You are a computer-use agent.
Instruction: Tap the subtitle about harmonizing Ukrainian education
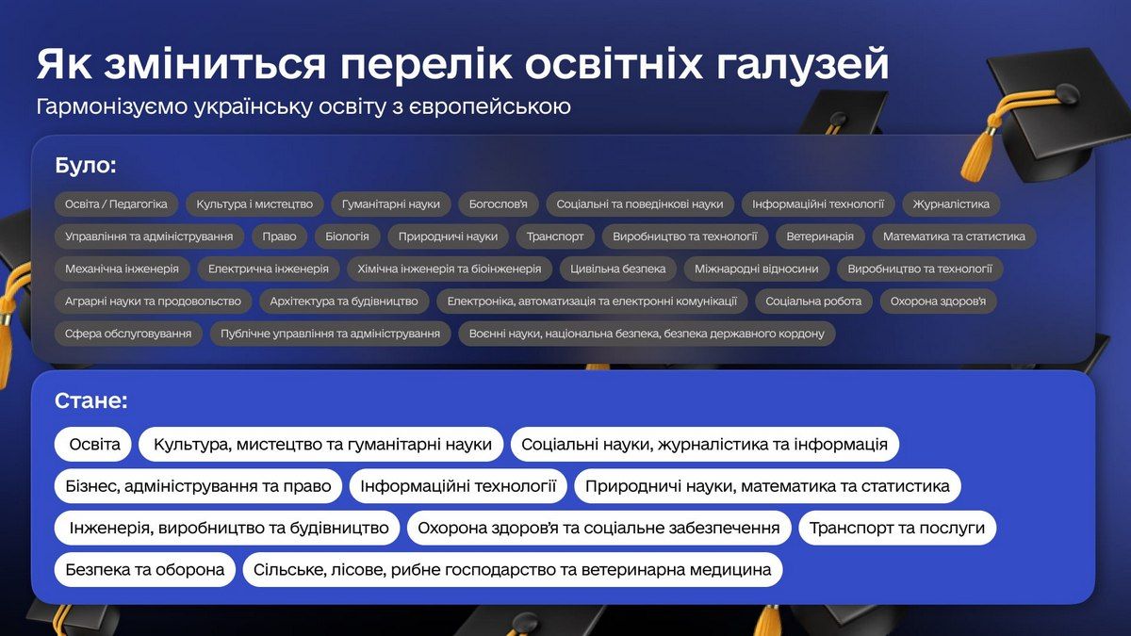(303, 106)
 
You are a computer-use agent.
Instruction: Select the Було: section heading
(86, 166)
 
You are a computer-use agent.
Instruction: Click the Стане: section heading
(90, 400)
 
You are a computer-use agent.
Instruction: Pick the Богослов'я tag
(499, 204)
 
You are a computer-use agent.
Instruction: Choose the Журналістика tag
(951, 204)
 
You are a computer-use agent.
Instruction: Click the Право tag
(279, 236)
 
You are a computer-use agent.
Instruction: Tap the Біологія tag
(341, 236)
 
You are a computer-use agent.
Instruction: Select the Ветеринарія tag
(820, 236)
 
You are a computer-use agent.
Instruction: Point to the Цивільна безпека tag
(617, 269)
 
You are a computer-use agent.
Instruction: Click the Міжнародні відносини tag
(756, 269)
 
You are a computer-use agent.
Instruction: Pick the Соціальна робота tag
(813, 302)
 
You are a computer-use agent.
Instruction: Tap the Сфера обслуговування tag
(128, 334)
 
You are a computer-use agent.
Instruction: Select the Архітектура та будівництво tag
(343, 302)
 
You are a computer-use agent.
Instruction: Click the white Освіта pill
(93, 444)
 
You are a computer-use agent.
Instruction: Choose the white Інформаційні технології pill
(458, 486)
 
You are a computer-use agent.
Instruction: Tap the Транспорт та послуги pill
(896, 528)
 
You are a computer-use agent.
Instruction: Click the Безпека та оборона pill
(144, 569)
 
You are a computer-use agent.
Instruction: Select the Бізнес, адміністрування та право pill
(198, 486)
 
